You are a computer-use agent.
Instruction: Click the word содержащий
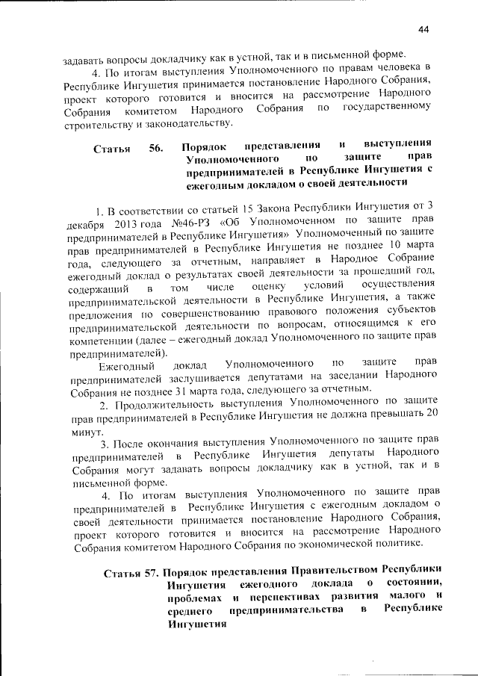(98, 288)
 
